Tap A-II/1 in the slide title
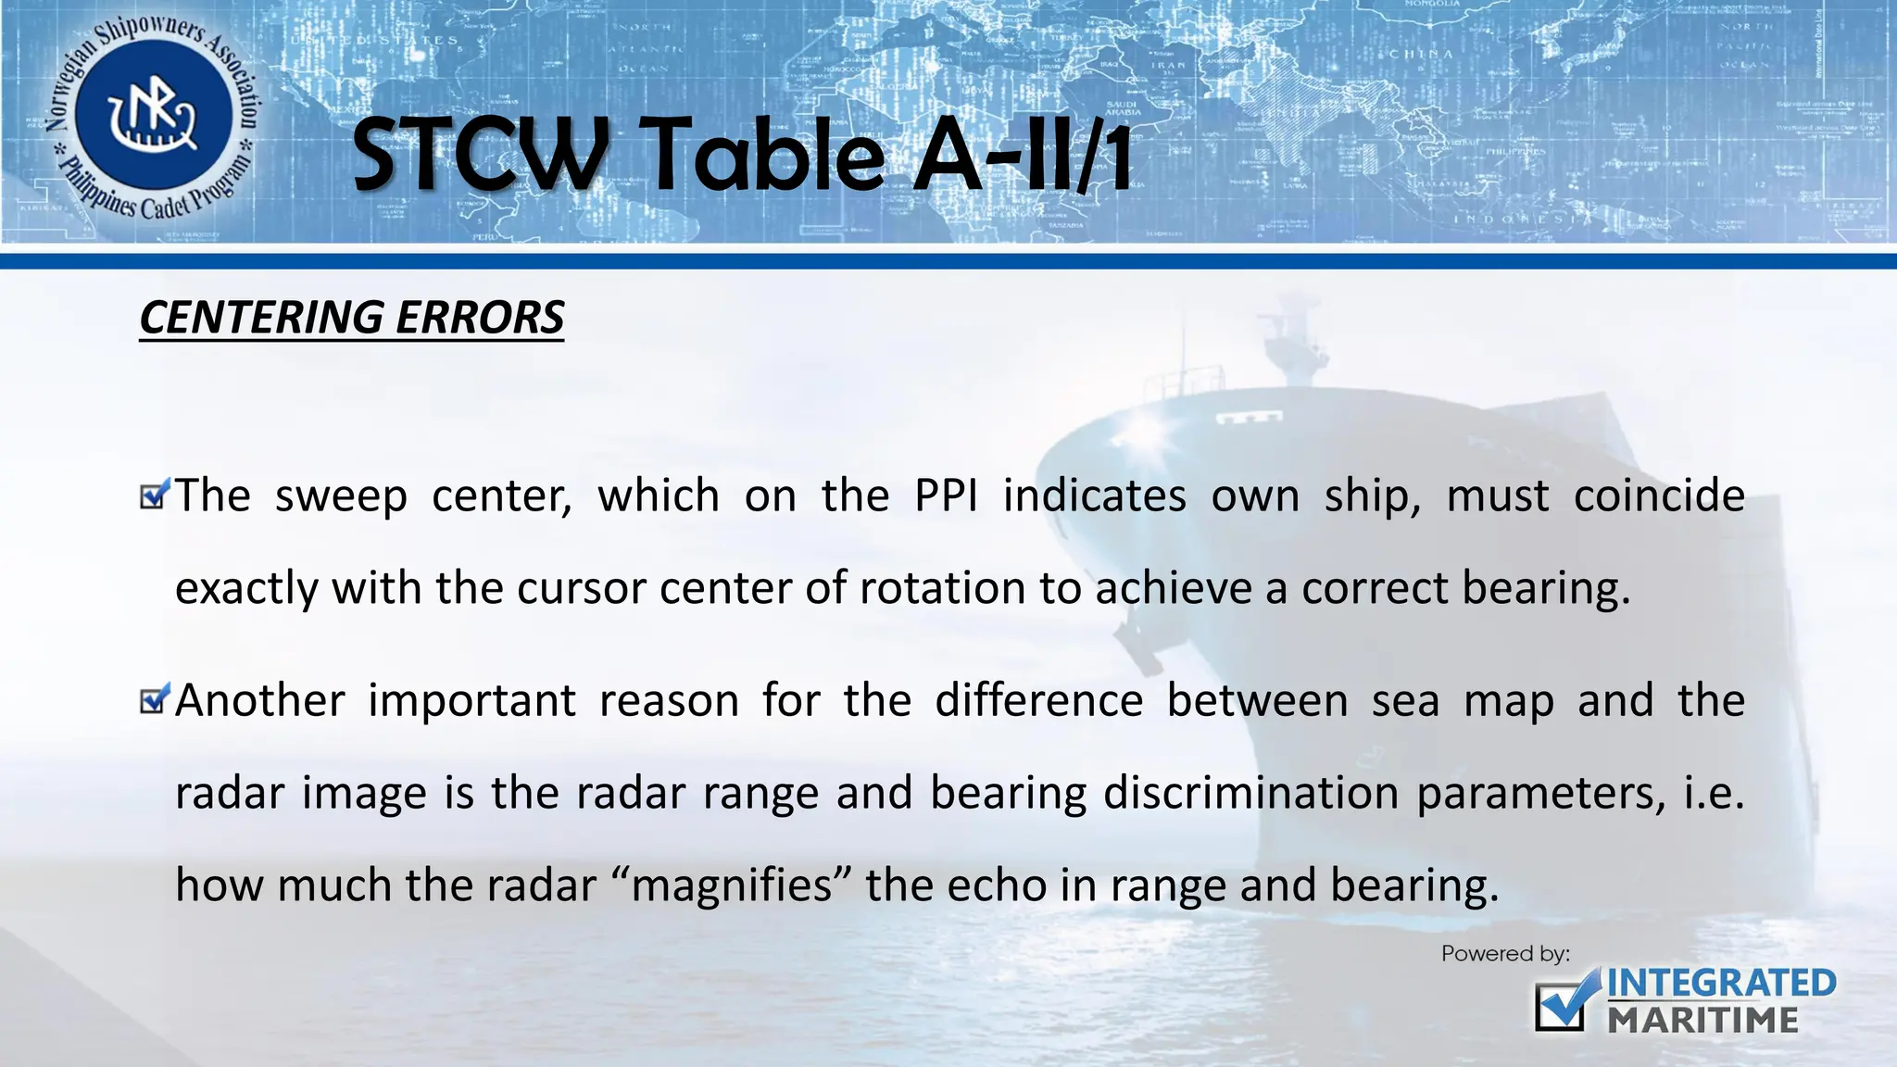coord(1023,156)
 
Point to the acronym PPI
coord(946,496)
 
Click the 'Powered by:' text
coord(1505,953)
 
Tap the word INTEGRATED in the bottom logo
coord(1721,984)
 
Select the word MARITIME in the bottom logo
coord(1702,1020)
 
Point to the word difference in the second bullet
coord(1038,700)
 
